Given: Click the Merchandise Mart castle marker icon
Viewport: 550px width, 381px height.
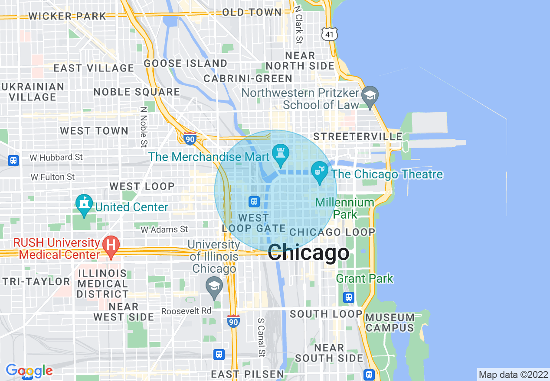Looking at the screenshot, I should tap(280, 154).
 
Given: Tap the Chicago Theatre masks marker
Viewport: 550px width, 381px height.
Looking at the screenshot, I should tap(320, 171).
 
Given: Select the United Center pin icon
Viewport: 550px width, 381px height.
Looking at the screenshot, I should tap(84, 204).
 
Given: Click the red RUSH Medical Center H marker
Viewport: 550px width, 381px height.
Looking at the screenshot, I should tap(111, 245).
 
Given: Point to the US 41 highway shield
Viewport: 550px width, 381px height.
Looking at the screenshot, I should tap(330, 34).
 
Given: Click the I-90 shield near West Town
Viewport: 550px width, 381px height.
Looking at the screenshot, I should tap(190, 139).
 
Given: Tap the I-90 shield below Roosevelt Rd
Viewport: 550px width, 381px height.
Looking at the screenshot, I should tap(233, 321).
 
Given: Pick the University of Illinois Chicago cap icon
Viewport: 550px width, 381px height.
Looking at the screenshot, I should tap(214, 286).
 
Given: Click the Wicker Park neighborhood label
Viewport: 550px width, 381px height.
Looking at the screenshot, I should tap(67, 16).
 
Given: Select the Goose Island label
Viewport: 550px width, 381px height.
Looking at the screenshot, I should tap(186, 64).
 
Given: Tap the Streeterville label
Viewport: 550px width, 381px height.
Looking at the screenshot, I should tap(358, 136).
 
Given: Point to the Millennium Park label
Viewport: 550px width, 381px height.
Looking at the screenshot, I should tap(345, 208).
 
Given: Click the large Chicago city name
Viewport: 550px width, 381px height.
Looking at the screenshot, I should tap(308, 253).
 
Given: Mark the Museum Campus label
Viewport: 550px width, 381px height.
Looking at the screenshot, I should tap(390, 323).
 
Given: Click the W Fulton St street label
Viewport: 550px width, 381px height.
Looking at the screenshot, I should tap(52, 177).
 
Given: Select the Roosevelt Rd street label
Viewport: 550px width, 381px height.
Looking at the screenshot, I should tap(186, 311).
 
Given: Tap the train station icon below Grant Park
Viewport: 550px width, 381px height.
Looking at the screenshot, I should tap(349, 297).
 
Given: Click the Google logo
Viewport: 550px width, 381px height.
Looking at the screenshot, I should tap(29, 371).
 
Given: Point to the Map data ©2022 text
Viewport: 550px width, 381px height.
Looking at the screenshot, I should tap(513, 375).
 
